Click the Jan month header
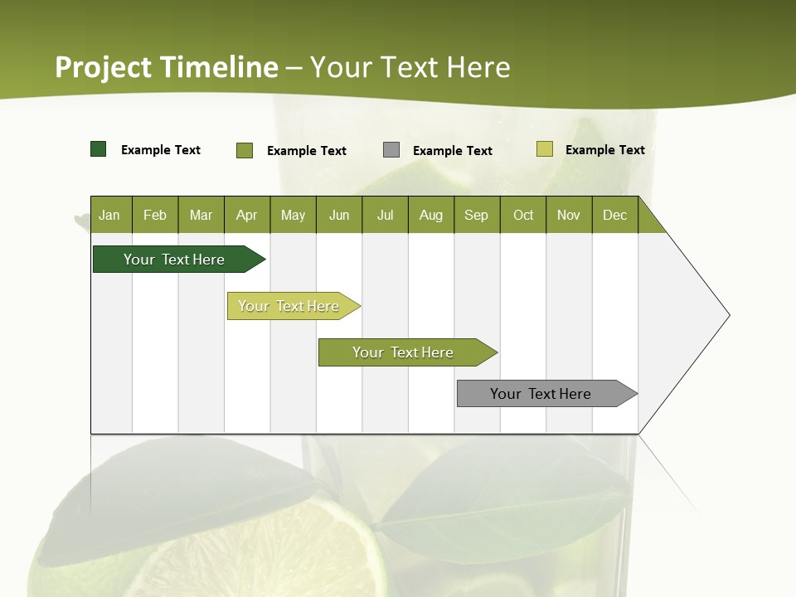click(x=110, y=215)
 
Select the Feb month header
click(x=155, y=215)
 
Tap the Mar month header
click(x=201, y=215)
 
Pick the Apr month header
click(x=247, y=215)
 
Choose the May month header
click(x=293, y=215)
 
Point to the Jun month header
click(x=339, y=215)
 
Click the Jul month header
click(x=385, y=215)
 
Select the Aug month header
click(x=431, y=215)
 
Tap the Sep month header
click(x=477, y=215)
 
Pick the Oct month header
click(x=523, y=215)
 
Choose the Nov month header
click(x=569, y=215)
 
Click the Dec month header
click(x=615, y=215)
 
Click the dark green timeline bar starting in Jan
click(x=175, y=260)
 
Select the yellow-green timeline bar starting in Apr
click(x=289, y=306)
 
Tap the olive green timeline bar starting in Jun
click(x=404, y=352)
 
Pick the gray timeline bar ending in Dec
click(x=541, y=394)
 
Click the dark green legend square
click(x=99, y=149)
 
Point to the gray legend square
click(x=391, y=150)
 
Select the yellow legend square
click(x=544, y=149)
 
